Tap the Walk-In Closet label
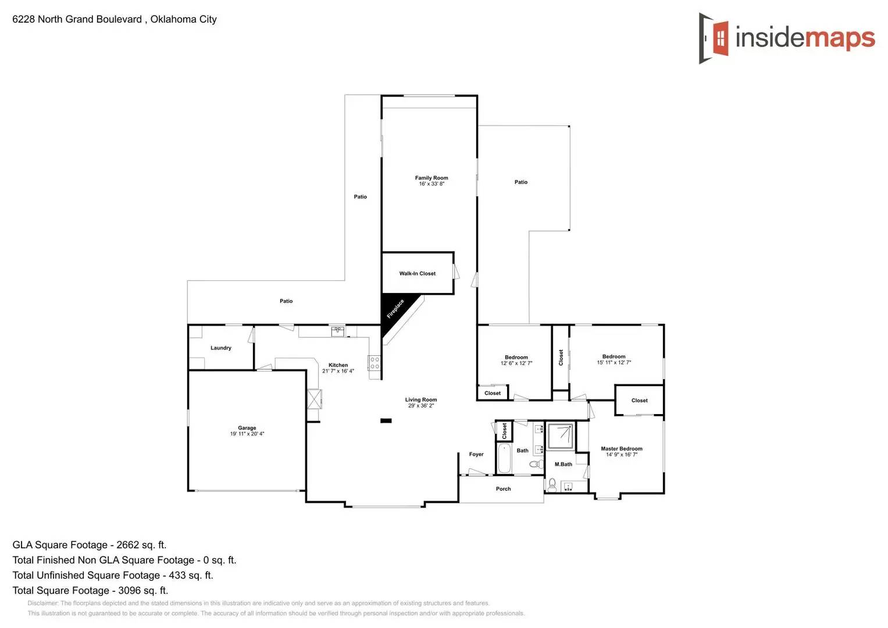[417, 273]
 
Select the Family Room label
[431, 178]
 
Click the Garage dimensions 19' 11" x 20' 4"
[247, 434]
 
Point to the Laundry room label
[221, 348]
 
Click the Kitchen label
[338, 365]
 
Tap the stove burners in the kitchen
[375, 363]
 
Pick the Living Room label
[421, 399]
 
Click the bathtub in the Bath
[504, 459]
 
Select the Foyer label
[476, 454]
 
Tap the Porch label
[503, 489]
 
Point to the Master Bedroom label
[622, 448]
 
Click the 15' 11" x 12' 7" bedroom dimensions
[614, 362]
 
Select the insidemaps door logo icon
[714, 38]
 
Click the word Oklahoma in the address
[173, 19]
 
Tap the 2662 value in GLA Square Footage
[128, 545]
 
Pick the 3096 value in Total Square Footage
[130, 590]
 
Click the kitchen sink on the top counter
[338, 331]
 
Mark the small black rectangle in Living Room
[386, 420]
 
